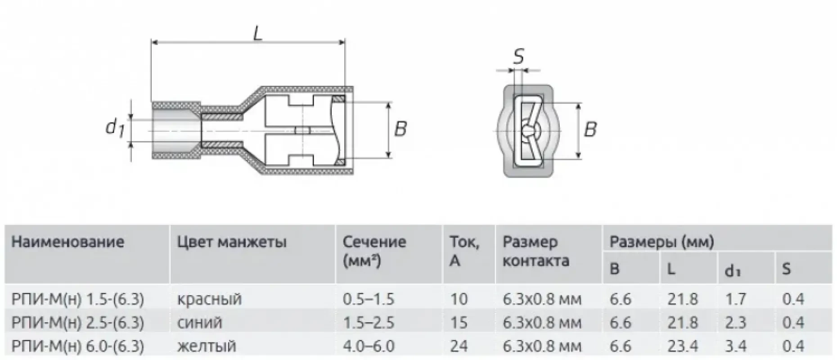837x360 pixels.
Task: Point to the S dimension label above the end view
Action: [x=519, y=57]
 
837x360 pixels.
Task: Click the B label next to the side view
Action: [x=400, y=129]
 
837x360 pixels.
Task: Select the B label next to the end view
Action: [x=590, y=130]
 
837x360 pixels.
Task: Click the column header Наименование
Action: [x=67, y=242]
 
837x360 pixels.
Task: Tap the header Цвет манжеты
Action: [x=232, y=242]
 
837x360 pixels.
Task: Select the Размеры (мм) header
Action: [x=661, y=242]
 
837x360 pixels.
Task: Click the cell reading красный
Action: [x=209, y=299]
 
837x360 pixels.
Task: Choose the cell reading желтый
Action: [x=207, y=346]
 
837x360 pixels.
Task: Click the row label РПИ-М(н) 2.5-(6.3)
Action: [x=78, y=323]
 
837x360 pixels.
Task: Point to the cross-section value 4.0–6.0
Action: [x=369, y=346]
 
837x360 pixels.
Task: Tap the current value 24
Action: [x=459, y=346]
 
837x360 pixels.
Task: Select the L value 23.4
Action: [x=683, y=346]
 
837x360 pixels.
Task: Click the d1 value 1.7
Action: [x=736, y=299]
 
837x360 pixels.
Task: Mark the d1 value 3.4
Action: [x=736, y=346]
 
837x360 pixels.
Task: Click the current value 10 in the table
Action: [x=459, y=299]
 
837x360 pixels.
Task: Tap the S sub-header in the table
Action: [x=786, y=269]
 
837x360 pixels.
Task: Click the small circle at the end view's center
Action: [x=528, y=130]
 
